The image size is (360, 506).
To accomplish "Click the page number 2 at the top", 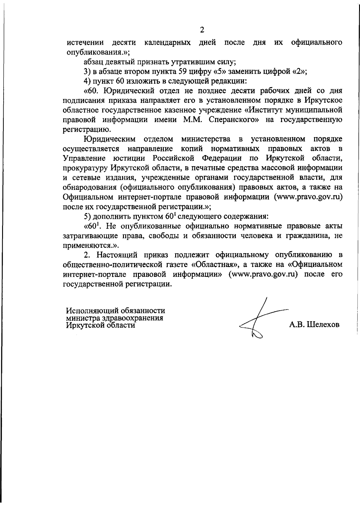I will (202, 30).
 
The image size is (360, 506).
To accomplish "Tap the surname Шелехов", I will (323, 325).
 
